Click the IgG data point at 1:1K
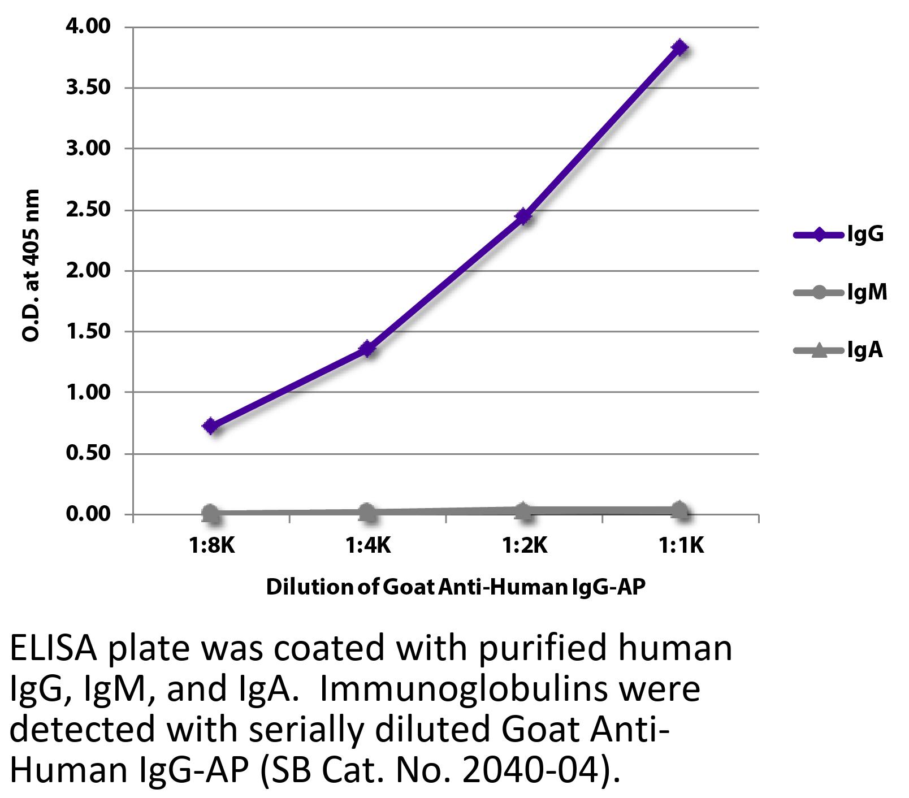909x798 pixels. coord(680,47)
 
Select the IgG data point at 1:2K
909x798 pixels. coord(523,216)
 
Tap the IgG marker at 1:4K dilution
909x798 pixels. coord(367,349)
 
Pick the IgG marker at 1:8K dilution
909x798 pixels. coord(211,426)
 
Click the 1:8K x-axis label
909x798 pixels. coord(211,546)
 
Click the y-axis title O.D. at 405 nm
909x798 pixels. coord(31,266)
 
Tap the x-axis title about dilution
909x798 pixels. coord(455,587)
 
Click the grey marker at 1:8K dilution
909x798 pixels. coord(210,513)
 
